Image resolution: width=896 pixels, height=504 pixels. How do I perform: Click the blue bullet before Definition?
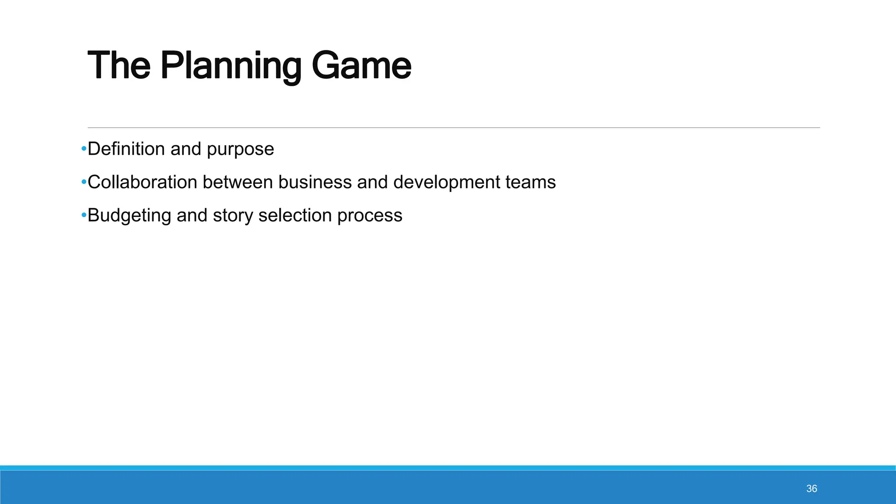(84, 150)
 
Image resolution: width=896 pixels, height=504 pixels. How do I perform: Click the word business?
(315, 182)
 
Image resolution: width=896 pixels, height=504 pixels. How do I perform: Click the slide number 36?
(812, 489)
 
